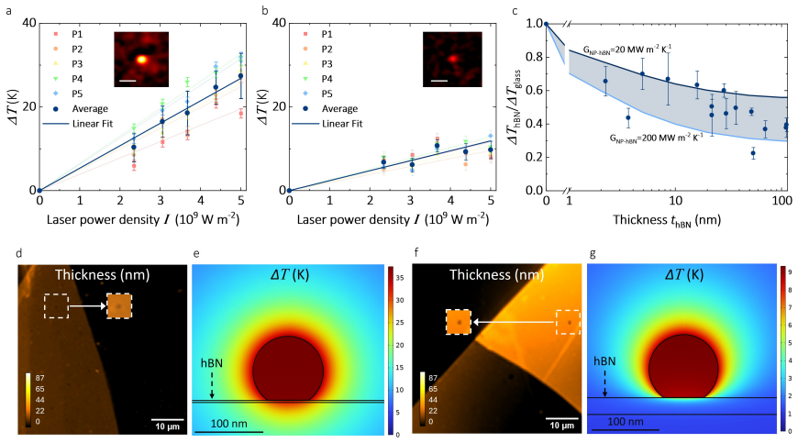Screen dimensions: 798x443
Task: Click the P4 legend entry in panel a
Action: coord(69,79)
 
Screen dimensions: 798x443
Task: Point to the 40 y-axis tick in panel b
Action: coord(279,23)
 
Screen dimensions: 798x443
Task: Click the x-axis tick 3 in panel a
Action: coord(161,200)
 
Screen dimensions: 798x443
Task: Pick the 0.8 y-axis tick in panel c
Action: coord(534,57)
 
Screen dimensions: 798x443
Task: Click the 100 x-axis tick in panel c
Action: coord(781,200)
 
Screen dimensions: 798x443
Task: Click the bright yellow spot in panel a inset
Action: coord(142,60)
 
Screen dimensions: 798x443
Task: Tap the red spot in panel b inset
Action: coord(452,59)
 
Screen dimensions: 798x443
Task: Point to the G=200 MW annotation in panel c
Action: coord(657,138)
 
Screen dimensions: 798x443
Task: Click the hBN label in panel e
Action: coord(211,363)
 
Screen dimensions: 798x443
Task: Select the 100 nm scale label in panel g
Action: coord(626,422)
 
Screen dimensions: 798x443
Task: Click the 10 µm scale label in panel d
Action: coord(168,426)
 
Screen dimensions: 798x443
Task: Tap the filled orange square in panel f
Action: coord(459,322)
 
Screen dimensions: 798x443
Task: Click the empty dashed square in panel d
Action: coord(56,306)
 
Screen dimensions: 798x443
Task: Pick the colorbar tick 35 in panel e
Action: coord(400,278)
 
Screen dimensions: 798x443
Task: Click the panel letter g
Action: coord(593,253)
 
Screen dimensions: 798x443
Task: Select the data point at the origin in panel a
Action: coord(39,190)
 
